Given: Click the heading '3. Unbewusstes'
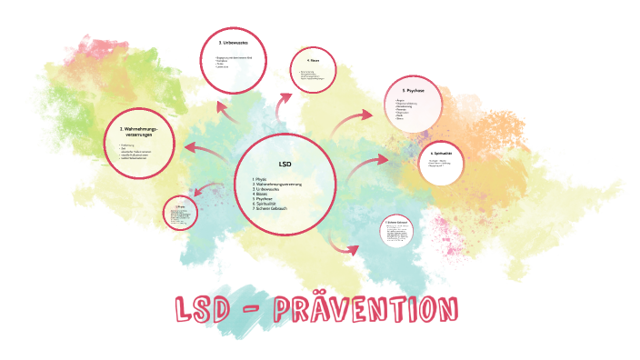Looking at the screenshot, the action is point(235,43).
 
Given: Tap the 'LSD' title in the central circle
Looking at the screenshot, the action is point(284,164).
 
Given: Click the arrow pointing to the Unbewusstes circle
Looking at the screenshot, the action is point(226,109).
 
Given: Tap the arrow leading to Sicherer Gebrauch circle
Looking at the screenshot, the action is point(345,245).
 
